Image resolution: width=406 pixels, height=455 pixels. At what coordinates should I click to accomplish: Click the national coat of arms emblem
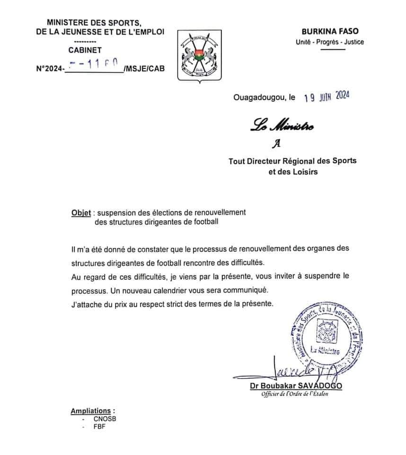tap(199, 56)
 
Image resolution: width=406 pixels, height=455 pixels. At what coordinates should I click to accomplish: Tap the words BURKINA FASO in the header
tap(329, 32)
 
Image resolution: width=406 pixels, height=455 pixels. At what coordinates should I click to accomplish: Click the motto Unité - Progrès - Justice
tap(329, 42)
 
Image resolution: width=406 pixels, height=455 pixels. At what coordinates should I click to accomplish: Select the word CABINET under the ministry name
tap(85, 50)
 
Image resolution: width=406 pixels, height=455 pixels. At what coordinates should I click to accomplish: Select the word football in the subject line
tap(204, 221)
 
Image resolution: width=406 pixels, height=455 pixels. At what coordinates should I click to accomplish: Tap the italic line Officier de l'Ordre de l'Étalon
tap(294, 395)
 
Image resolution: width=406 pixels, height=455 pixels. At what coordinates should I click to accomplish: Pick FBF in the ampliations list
tap(99, 427)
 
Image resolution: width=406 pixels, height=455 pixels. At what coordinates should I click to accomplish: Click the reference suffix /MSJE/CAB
tap(142, 68)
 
